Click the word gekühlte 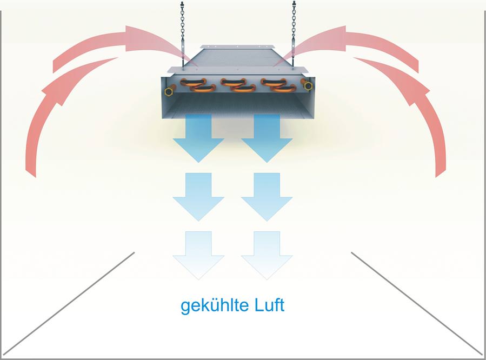pos(215,306)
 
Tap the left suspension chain pos(183,34)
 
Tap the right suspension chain pos(294,34)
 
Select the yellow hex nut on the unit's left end pos(168,91)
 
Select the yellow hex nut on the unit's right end pos(308,86)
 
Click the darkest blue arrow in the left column pos(198,137)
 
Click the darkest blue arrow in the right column pos(267,137)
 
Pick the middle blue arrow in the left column pos(198,196)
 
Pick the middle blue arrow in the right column pos(267,196)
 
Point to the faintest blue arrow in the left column pos(198,255)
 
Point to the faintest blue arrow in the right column pos(267,255)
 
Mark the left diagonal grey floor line pos(69,303)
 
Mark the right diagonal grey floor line pos(417,303)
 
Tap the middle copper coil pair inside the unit pos(238,85)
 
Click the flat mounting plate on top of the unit pos(238,47)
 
